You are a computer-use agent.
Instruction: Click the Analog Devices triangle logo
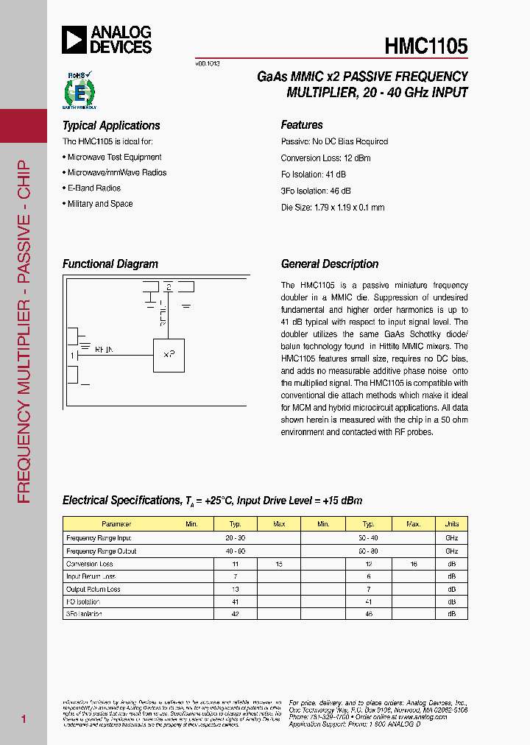[74, 39]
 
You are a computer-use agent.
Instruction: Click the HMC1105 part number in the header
[425, 46]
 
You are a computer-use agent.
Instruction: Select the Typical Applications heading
[111, 126]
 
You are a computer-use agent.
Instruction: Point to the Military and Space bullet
[99, 204]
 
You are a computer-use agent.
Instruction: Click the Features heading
[302, 125]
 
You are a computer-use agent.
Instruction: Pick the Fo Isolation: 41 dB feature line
[313, 174]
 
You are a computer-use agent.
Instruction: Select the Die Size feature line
[333, 208]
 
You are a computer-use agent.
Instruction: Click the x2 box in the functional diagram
[169, 354]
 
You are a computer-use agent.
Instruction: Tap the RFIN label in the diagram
[104, 350]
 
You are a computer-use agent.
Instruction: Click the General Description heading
[330, 264]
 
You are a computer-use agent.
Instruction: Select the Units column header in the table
[451, 524]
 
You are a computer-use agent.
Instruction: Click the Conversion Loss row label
[90, 564]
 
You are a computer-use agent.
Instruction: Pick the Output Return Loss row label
[93, 589]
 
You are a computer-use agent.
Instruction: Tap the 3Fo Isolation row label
[84, 613]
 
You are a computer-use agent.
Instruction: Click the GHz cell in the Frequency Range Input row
[451, 538]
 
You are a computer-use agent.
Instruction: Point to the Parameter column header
[116, 524]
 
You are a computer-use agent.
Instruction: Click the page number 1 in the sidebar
[24, 718]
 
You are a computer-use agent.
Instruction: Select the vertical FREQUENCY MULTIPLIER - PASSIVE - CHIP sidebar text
[24, 331]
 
